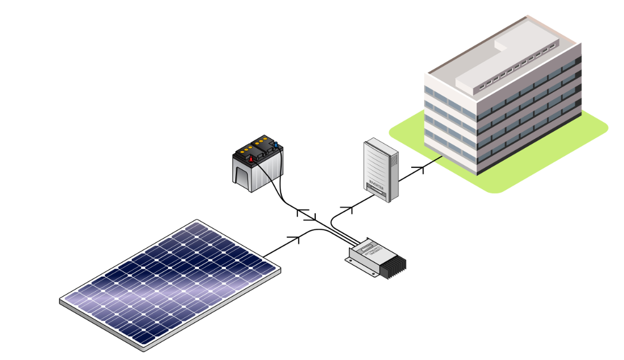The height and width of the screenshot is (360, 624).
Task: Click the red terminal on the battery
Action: point(252,159)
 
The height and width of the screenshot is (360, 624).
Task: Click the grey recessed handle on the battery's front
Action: point(243,177)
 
